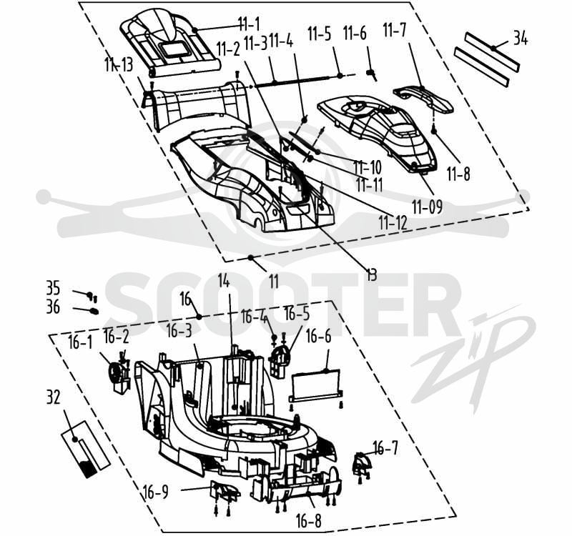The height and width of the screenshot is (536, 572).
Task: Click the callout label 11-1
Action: click(249, 24)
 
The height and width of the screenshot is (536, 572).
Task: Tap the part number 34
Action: click(521, 39)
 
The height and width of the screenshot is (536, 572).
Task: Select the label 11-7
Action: click(395, 30)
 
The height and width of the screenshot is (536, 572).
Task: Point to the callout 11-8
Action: click(458, 174)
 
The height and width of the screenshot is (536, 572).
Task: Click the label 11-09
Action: click(428, 207)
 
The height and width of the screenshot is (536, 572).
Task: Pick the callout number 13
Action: click(371, 274)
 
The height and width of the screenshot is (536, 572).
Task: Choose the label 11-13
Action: click(119, 65)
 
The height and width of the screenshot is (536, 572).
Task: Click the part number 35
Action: click(53, 288)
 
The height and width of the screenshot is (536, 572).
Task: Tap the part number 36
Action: click(53, 307)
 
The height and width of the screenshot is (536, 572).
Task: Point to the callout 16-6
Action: click(319, 337)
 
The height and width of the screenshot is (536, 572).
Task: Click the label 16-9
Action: click(156, 492)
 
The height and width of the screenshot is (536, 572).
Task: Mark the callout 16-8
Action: click(309, 521)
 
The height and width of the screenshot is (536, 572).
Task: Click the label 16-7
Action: click(385, 447)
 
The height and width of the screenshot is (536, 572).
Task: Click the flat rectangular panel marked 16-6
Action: click(316, 385)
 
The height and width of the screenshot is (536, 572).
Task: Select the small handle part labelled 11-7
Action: click(423, 98)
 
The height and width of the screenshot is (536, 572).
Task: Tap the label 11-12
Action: click(393, 222)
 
